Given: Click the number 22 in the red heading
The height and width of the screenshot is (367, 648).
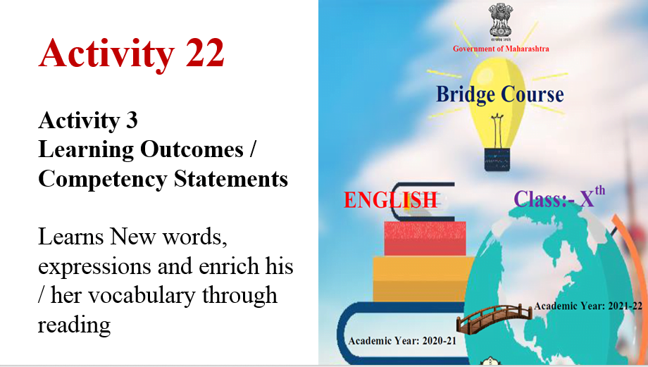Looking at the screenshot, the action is pyautogui.click(x=204, y=53).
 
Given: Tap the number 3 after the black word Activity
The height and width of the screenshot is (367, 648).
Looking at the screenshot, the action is pyautogui.click(x=132, y=120).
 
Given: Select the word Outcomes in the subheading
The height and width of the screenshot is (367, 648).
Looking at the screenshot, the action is pyautogui.click(x=192, y=149).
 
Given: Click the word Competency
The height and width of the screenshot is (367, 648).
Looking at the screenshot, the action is pyautogui.click(x=103, y=180).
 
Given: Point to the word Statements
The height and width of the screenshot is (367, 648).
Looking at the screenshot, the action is pyautogui.click(x=230, y=179).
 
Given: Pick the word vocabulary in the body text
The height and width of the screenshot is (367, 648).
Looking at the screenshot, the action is pyautogui.click(x=142, y=296).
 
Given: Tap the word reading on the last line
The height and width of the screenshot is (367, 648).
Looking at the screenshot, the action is pyautogui.click(x=75, y=325).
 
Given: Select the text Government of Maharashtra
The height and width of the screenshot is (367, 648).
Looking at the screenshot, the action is pyautogui.click(x=501, y=49).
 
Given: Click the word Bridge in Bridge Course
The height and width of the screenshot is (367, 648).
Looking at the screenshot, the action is pyautogui.click(x=466, y=94).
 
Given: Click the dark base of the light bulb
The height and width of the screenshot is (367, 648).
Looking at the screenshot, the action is pyautogui.click(x=497, y=159).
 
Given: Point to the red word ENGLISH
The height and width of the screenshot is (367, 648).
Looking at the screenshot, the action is pyautogui.click(x=390, y=200).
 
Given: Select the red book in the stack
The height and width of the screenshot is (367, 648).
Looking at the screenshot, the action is pyautogui.click(x=425, y=239).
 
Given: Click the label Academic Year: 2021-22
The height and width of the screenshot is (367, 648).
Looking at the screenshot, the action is pyautogui.click(x=588, y=306).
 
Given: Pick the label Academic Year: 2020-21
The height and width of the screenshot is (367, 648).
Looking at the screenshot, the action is pyautogui.click(x=402, y=340).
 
